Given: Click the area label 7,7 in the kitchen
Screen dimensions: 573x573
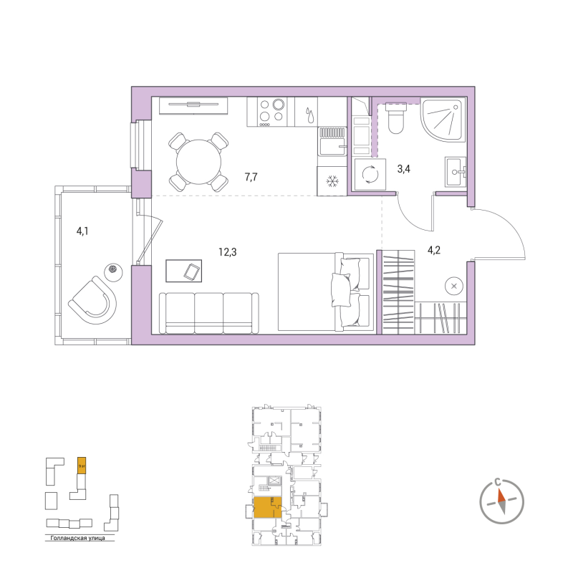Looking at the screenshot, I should click(251, 176).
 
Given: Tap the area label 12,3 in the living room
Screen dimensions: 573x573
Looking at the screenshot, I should click(228, 251).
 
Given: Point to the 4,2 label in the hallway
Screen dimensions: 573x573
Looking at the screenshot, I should click(435, 251).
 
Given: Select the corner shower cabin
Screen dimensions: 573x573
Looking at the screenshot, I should click(443, 120).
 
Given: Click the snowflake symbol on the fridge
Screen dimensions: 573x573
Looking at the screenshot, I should click(332, 182).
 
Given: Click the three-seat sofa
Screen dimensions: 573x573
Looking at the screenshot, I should click(208, 312).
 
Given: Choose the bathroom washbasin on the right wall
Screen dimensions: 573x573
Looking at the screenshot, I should click(456, 171).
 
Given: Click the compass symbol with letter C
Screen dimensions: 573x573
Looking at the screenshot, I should click(505, 499).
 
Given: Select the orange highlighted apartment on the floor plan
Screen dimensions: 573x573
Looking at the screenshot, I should click(268, 507).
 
